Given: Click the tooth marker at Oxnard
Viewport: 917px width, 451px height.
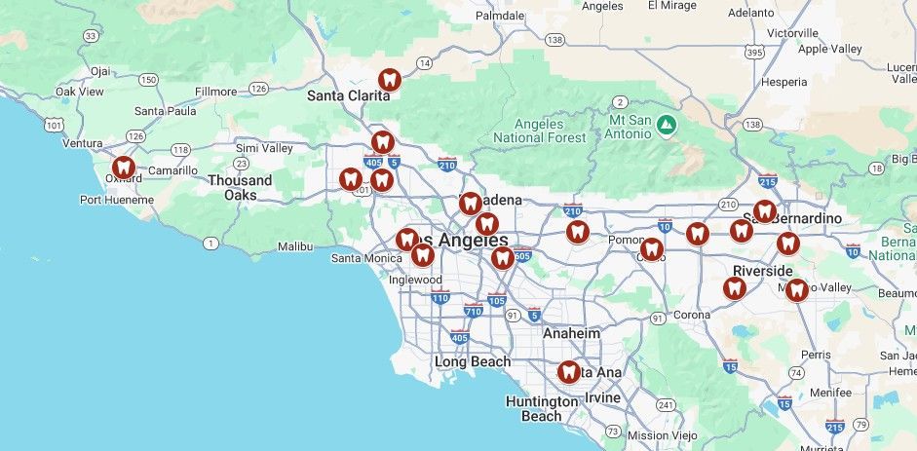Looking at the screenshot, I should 123,168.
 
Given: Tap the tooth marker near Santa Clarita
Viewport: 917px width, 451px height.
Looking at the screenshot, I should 389,80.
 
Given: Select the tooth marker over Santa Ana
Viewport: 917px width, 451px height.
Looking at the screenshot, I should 569,371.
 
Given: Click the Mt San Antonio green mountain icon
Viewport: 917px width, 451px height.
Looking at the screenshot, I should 666,124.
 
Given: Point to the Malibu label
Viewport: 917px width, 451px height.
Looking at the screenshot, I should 295,247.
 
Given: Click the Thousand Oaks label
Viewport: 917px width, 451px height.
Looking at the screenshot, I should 240,188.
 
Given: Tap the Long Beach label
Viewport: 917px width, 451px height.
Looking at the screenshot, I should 472,361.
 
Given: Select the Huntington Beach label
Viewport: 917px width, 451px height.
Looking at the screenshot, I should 542,408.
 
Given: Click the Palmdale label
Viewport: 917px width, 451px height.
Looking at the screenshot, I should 500,16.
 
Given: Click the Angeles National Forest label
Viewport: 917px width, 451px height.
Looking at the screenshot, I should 540,131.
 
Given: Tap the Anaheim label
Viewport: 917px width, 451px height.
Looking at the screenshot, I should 571,332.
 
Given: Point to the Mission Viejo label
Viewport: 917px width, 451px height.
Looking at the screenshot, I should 662,435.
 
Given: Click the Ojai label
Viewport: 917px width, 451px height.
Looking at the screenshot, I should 101,71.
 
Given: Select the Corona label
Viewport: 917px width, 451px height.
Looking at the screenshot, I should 692,315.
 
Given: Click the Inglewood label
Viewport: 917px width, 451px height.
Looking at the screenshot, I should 415,280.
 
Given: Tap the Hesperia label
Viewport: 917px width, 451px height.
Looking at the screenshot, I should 783,82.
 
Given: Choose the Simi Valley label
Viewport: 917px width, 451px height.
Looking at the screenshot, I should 264,148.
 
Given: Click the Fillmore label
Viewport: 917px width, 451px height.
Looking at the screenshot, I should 215,92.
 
